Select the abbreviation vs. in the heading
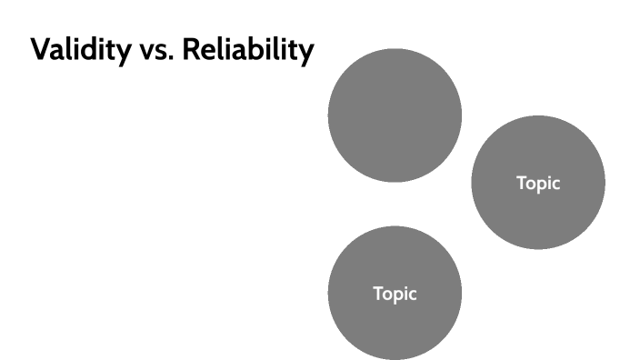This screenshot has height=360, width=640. point(156,51)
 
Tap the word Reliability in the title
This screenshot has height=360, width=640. point(245,50)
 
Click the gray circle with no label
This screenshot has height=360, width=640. point(395,115)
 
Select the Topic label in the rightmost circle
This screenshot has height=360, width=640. point(538,183)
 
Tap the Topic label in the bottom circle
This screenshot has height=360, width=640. point(395,294)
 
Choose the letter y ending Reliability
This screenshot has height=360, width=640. point(306,54)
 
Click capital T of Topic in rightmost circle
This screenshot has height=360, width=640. point(522,182)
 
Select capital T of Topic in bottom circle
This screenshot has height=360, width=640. point(378,293)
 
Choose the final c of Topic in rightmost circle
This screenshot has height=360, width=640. point(556,184)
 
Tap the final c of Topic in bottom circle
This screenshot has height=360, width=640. point(413,295)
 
